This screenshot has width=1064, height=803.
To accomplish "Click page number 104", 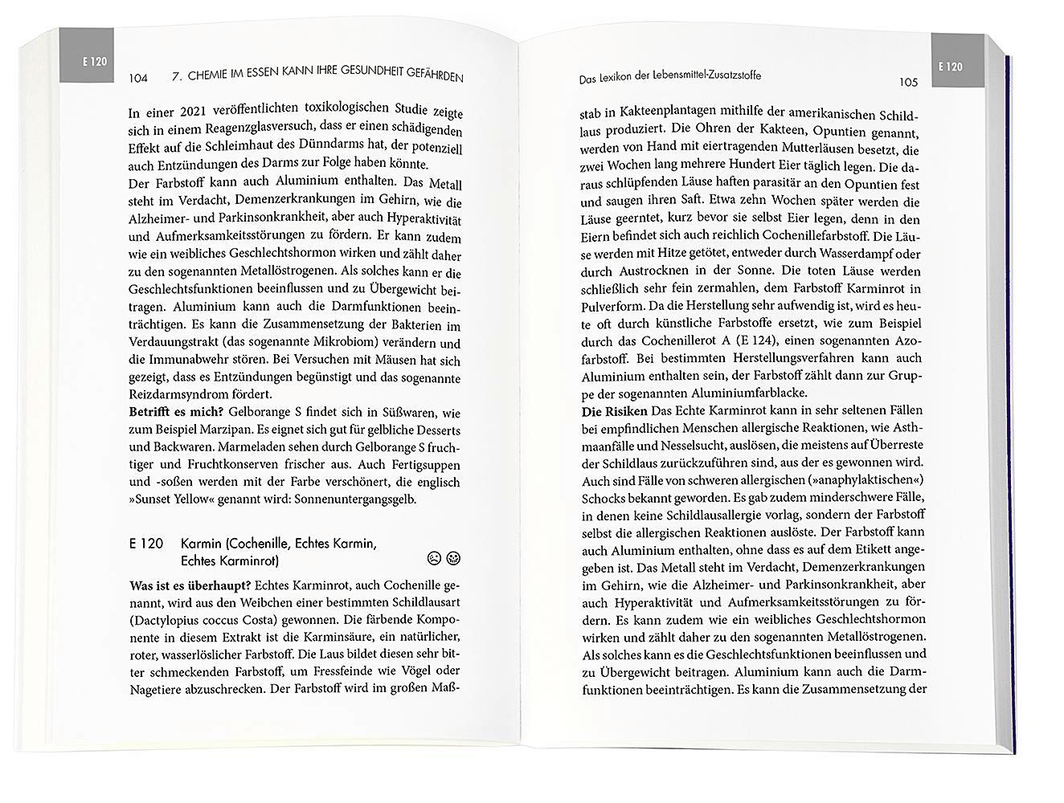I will click(137, 79).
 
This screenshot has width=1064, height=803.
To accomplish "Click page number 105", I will click(908, 82).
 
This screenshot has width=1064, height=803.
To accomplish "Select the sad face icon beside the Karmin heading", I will click(434, 558).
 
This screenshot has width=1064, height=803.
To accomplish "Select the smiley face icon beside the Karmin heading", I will click(453, 558).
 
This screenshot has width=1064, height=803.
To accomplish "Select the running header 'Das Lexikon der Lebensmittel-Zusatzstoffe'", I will click(670, 77).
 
